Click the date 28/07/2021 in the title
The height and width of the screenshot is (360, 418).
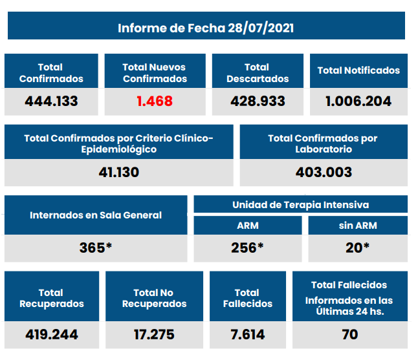pyautogui.click(x=259, y=28)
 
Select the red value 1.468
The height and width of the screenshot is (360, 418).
pyautogui.click(x=155, y=101)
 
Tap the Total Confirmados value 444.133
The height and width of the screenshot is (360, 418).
pyautogui.click(x=51, y=101)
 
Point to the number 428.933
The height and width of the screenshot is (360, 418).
pyautogui.click(x=258, y=101)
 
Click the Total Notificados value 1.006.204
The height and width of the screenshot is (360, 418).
pyautogui.click(x=358, y=101)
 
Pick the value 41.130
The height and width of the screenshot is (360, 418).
pyautogui.click(x=118, y=173)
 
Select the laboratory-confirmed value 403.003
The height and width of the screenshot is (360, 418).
pyautogui.click(x=324, y=173)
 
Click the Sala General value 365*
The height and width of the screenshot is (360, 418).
pyautogui.click(x=96, y=248)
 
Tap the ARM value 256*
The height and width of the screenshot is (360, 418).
pyautogui.click(x=247, y=248)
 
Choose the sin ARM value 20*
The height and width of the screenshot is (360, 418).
pyautogui.click(x=358, y=248)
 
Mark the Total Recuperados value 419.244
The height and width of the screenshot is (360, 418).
pyautogui.click(x=52, y=335)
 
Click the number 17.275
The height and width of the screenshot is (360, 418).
pyautogui.click(x=154, y=335)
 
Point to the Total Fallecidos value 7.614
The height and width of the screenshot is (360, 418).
pyautogui.click(x=247, y=335)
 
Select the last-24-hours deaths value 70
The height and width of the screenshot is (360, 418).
pyautogui.click(x=350, y=335)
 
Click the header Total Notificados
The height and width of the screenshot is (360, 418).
pyautogui.click(x=358, y=70)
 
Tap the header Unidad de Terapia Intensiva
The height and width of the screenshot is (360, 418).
pyautogui.click(x=300, y=205)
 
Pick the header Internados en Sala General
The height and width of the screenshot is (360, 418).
pyautogui.click(x=96, y=215)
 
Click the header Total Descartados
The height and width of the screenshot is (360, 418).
pyautogui.click(x=258, y=73)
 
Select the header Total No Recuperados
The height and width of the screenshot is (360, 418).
pyautogui.click(x=154, y=298)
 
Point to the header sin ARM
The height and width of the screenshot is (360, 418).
pyautogui.click(x=358, y=226)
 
